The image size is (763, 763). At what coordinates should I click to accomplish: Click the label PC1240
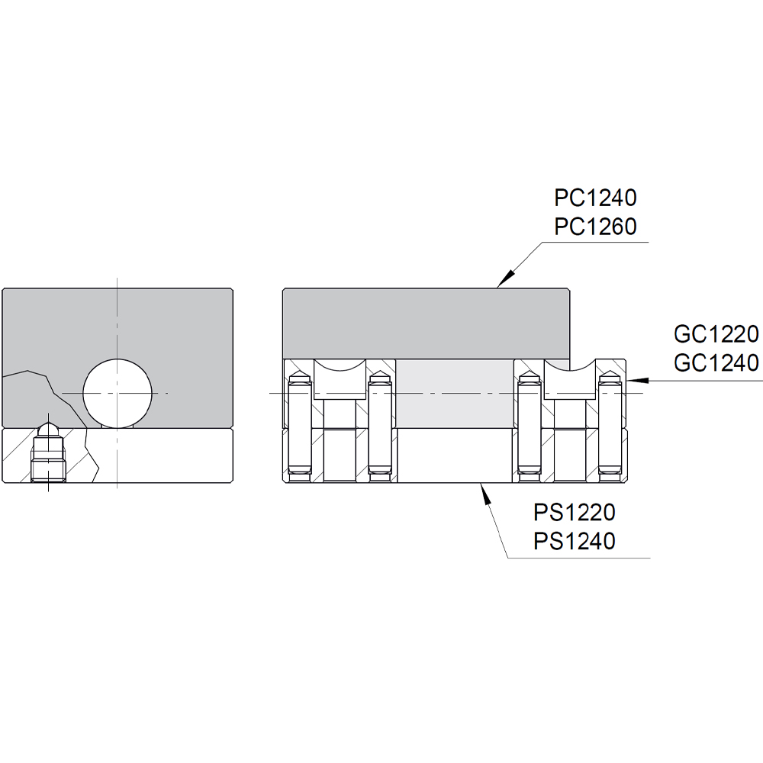[595, 198]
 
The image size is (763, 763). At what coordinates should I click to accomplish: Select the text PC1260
[595, 227]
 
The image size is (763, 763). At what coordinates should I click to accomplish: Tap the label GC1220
[716, 334]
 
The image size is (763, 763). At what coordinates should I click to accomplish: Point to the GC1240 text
[716, 362]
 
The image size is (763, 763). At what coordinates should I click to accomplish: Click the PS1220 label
[574, 512]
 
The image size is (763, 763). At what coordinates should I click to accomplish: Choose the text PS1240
[574, 541]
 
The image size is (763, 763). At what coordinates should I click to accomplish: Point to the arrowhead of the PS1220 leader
[481, 488]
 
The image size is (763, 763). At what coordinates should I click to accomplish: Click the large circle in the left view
[117, 392]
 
